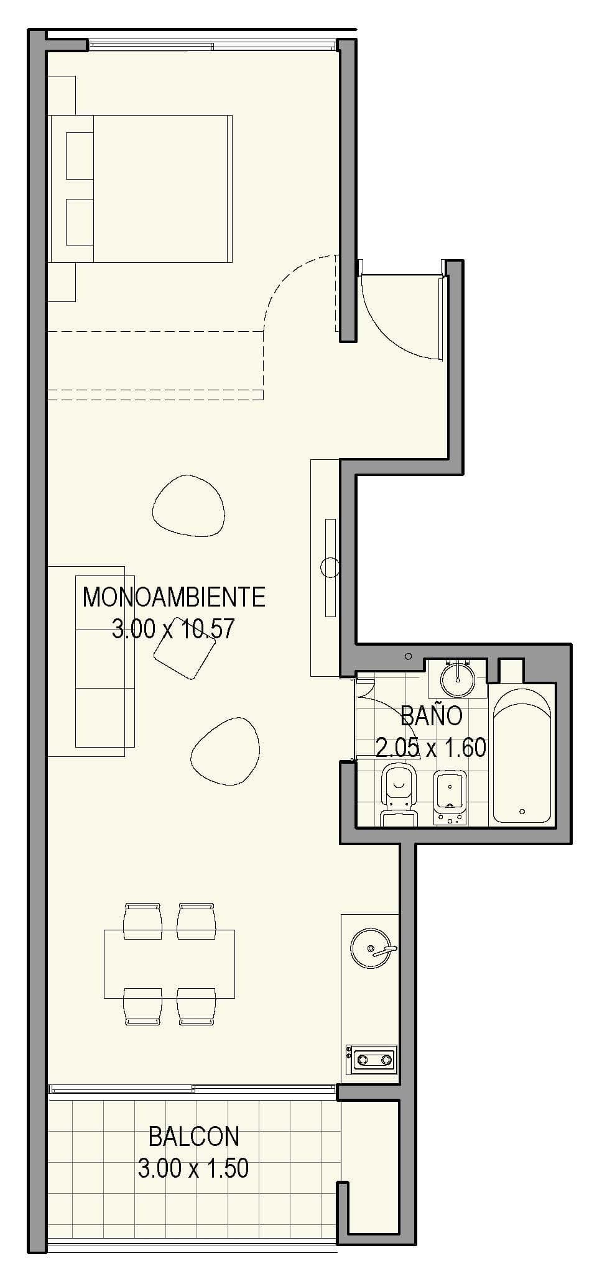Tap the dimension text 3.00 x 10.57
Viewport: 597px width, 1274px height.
[174, 629]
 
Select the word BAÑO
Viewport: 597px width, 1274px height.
[432, 715]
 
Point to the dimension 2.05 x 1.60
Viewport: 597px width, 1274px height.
[431, 747]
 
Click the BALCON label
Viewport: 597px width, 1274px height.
[193, 1137]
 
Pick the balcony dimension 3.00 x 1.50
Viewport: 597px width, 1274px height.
[193, 1168]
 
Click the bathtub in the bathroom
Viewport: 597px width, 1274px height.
[521, 756]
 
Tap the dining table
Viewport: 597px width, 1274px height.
[169, 963]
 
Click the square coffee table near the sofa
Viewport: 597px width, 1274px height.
[185, 648]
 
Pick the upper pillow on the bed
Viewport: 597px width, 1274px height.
[80, 155]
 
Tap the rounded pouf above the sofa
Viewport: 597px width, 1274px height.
[188, 504]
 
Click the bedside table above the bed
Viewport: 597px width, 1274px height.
[62, 95]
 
